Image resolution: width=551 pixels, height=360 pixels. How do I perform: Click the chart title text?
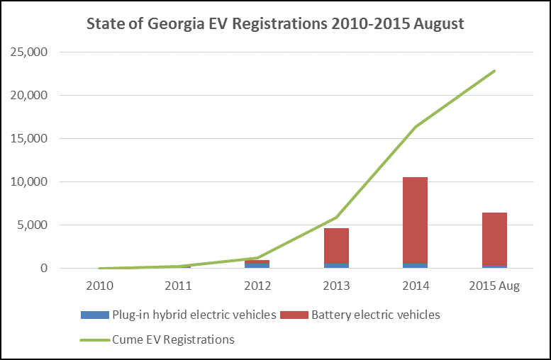point(275,24)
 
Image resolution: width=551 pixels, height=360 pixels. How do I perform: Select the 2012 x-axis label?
point(257,286)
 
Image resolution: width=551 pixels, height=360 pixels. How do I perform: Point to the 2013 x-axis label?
point(336,286)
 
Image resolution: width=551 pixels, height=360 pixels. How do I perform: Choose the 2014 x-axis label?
point(416,286)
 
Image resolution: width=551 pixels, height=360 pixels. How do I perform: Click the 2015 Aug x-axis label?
point(494,286)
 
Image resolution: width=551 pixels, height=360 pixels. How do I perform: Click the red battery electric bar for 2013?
point(336,245)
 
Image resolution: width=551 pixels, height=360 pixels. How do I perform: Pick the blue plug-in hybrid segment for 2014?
point(416,266)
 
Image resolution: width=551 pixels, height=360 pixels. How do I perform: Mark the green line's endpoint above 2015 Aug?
point(494,71)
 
